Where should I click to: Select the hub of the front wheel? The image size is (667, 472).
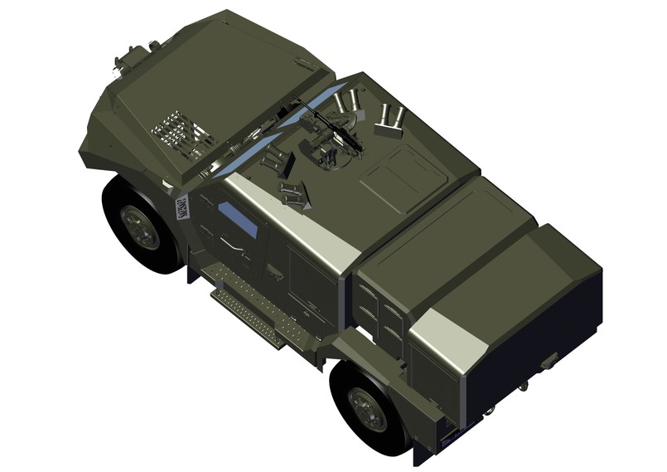coord(138,225)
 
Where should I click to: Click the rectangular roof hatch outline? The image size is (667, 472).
coord(402,179)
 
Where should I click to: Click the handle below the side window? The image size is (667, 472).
coord(232,246)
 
